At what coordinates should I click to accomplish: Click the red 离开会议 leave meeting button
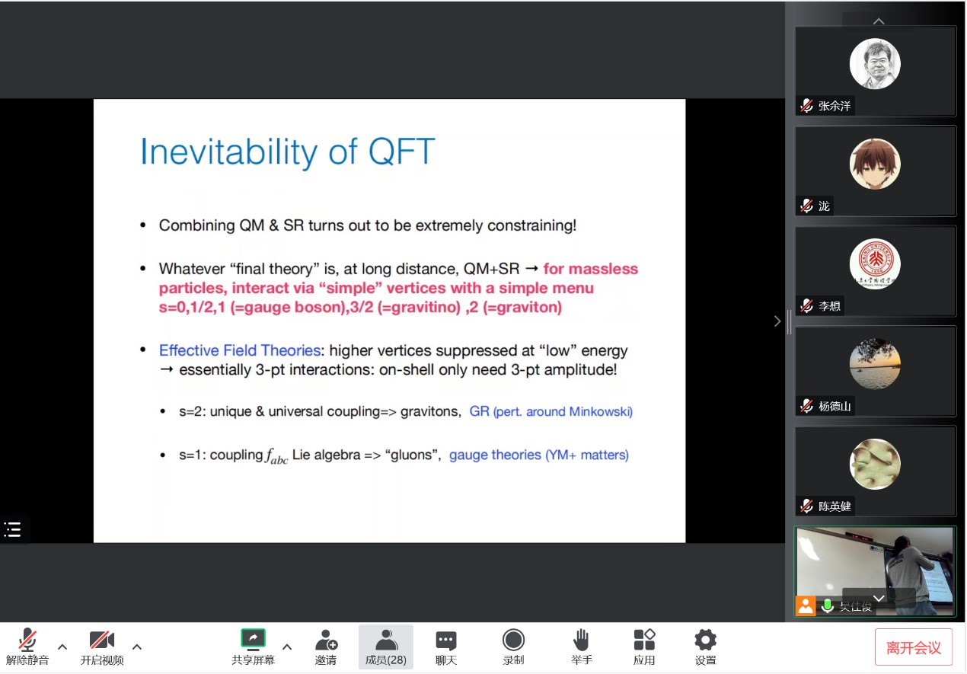pos(913,647)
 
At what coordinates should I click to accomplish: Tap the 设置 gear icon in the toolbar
pos(705,640)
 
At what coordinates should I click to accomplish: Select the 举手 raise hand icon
pos(582,640)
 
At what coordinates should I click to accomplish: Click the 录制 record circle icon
pos(513,640)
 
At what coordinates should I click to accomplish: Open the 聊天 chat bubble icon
pos(446,640)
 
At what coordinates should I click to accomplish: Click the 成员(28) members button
pos(385,647)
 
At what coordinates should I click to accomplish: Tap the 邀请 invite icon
pos(326,640)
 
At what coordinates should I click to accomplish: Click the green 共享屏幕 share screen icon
pos(253,640)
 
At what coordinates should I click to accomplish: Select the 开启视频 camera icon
pos(102,640)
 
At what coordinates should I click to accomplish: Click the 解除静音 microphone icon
pos(27,640)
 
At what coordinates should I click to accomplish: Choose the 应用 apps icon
pos(644,640)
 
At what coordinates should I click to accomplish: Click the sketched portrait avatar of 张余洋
pos(875,64)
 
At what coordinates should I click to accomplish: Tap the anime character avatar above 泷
pos(875,164)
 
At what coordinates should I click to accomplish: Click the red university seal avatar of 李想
pos(875,264)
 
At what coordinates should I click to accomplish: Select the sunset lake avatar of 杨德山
pos(875,364)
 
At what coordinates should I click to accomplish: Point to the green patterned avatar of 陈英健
pos(875,464)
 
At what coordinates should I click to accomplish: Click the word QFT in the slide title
pos(401,151)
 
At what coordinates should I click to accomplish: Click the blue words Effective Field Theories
pos(240,350)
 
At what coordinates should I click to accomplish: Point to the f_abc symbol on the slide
pos(276,456)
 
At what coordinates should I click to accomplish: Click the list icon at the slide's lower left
pos(12,529)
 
